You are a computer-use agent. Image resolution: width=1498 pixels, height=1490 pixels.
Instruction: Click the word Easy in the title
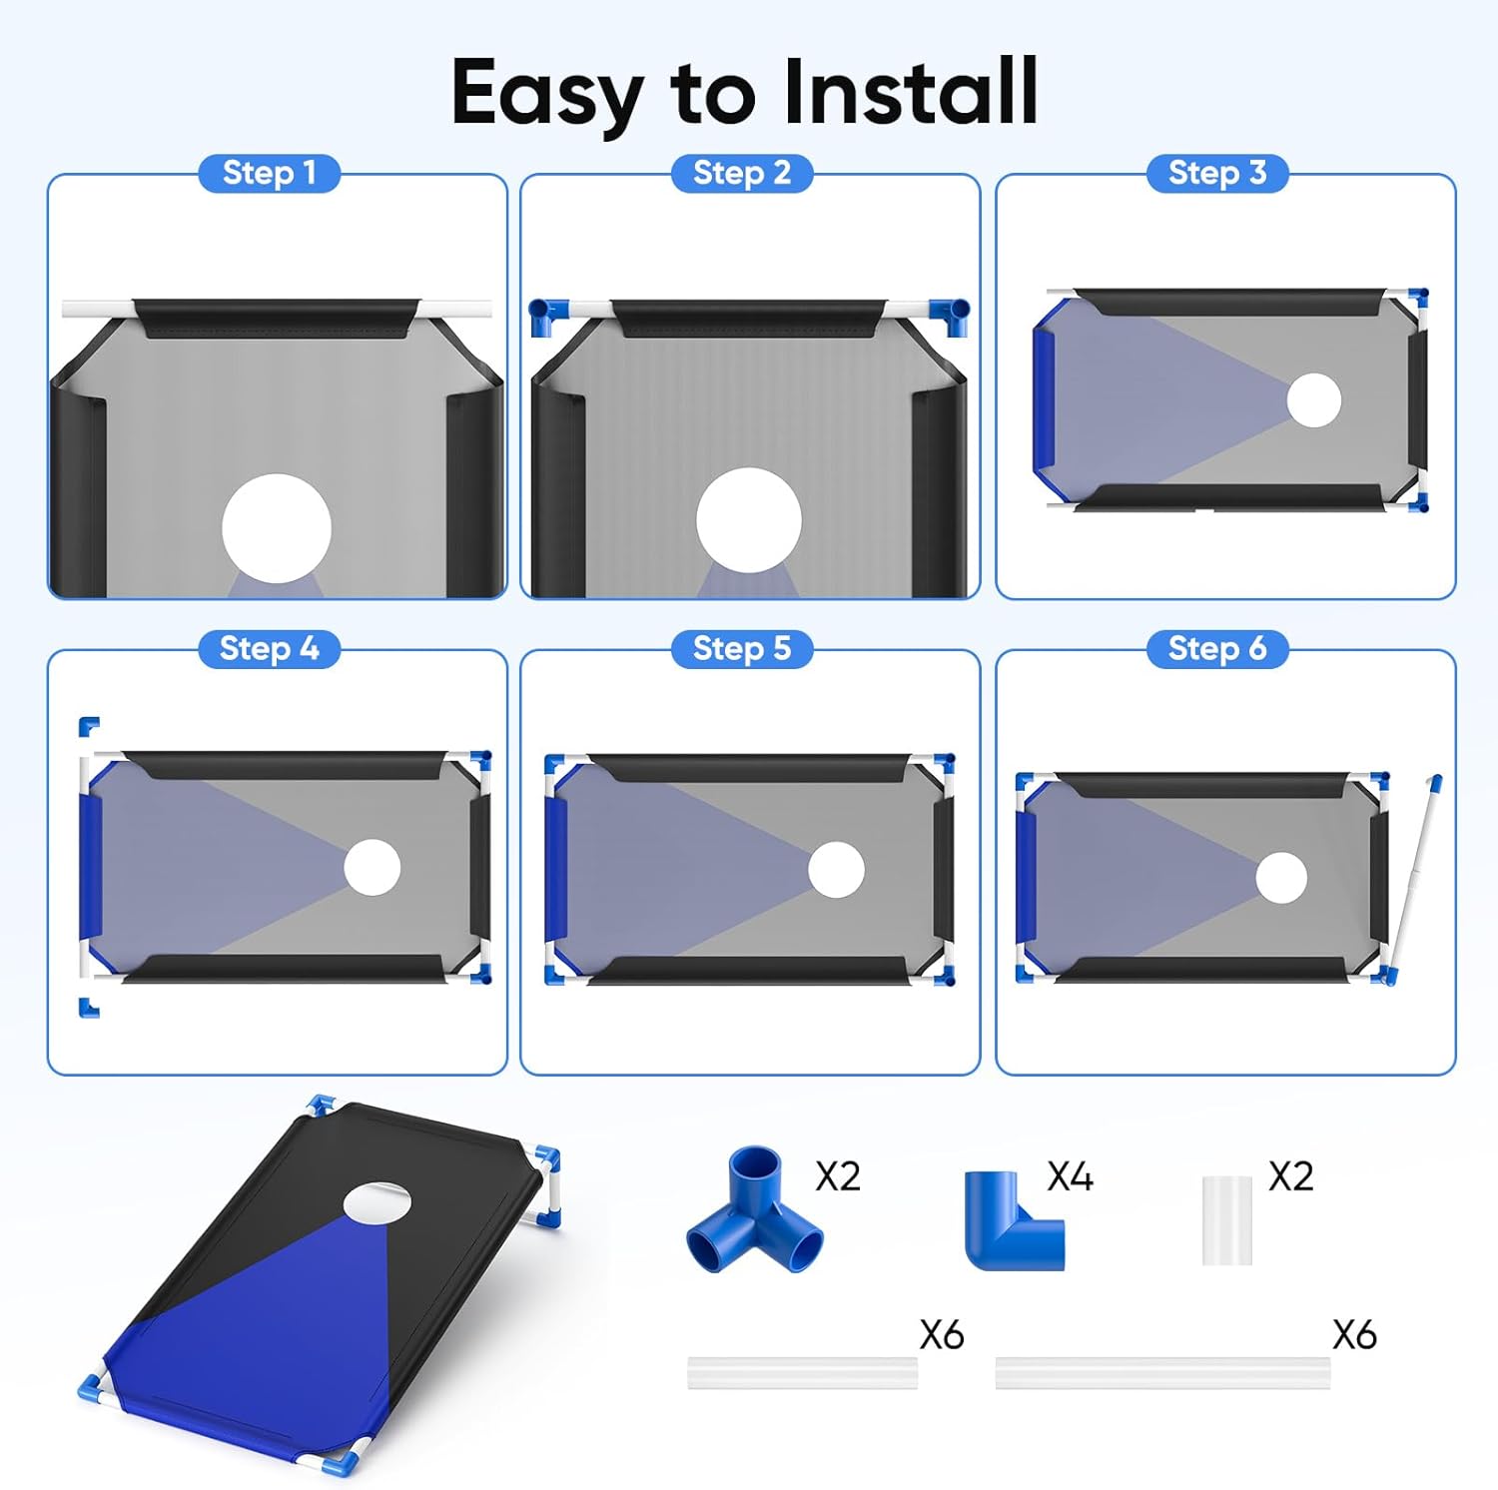point(547,94)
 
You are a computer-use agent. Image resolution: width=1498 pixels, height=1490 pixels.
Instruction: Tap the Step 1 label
point(270,173)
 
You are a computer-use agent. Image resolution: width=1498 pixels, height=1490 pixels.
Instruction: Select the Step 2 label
point(742,173)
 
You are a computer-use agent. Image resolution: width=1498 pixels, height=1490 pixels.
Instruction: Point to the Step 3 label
point(1217,173)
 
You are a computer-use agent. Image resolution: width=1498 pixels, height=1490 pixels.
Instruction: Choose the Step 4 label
point(270,648)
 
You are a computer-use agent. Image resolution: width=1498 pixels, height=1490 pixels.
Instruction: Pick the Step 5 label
point(742,648)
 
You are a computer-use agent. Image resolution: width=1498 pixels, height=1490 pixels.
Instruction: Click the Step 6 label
point(1217,648)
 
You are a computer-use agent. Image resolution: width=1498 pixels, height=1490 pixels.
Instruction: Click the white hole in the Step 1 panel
point(276,528)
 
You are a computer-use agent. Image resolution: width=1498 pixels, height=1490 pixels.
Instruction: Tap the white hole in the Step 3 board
point(1314,399)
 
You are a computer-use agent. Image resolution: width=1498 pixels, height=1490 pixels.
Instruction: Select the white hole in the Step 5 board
point(836,869)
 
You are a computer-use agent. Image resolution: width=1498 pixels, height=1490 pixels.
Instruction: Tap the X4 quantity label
point(1070,1176)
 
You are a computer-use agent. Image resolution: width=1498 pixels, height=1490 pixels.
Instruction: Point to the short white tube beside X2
point(1226,1220)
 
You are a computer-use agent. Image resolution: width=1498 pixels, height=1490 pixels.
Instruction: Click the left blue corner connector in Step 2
point(545,316)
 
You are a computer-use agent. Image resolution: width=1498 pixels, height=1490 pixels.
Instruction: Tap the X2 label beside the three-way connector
point(837,1176)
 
